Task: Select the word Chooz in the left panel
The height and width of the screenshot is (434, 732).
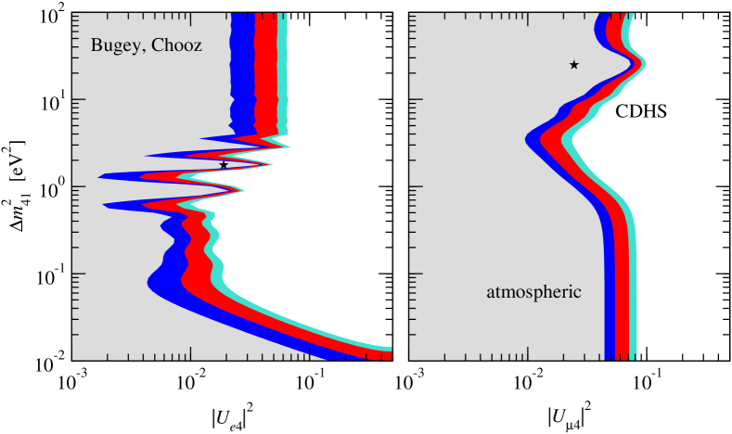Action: click(x=175, y=45)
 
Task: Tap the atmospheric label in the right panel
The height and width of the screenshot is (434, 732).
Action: click(x=533, y=292)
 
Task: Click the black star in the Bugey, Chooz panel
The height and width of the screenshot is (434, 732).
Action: click(x=224, y=165)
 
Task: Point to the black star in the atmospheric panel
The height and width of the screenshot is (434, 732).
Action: click(x=574, y=65)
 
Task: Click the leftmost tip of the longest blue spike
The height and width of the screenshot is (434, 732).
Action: click(x=100, y=175)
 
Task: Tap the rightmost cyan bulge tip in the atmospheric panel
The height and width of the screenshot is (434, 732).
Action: click(x=645, y=64)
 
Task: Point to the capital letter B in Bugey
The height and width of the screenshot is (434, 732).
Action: click(x=96, y=45)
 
